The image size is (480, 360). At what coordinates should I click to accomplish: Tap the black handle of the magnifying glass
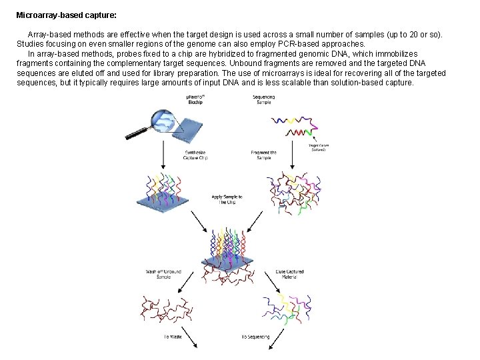click(x=137, y=135)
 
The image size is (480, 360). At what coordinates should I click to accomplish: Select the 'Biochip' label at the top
click(x=195, y=101)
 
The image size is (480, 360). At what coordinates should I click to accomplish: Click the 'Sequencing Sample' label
click(x=264, y=100)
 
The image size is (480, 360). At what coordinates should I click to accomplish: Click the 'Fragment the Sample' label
click(x=263, y=155)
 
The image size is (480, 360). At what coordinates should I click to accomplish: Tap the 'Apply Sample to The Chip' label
click(x=227, y=199)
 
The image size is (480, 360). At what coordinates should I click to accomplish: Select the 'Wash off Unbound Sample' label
click(x=163, y=274)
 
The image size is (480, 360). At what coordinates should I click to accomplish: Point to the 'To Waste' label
click(x=173, y=337)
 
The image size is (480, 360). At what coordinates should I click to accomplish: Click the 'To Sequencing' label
click(x=255, y=337)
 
